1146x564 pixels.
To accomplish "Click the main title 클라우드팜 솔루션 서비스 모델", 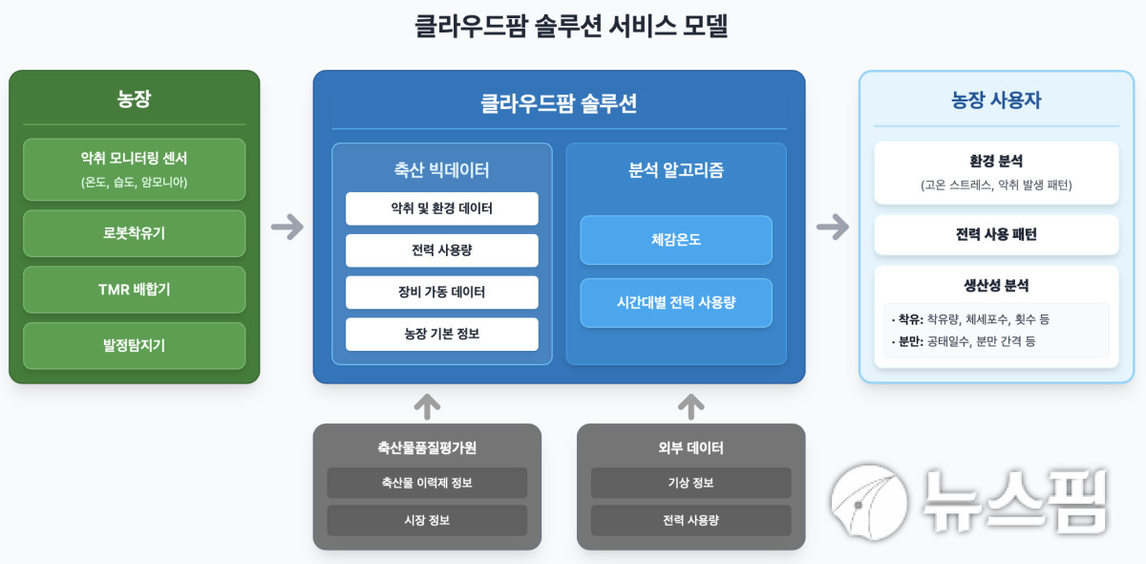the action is point(571,26).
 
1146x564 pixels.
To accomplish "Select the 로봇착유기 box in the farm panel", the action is point(134,233).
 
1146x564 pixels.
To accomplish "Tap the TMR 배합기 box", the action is point(134,290).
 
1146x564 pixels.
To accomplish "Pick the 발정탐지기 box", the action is point(134,346).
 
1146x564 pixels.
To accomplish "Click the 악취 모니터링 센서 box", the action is point(134,169).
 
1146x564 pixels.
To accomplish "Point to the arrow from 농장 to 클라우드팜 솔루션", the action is point(287,227).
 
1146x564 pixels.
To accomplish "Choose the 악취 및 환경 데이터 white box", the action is point(442,208).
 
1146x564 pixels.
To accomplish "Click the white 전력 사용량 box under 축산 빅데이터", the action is point(442,250).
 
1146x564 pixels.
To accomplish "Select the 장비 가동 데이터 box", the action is point(442,293).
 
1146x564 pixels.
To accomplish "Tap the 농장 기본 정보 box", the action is point(442,334).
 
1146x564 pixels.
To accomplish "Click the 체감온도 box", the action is point(676,240).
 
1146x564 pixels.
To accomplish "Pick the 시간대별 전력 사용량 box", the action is point(676,303).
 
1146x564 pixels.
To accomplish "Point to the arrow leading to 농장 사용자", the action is point(833,227).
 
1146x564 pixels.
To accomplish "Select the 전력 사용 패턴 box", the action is point(996,234).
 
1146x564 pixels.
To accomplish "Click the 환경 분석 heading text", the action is point(996,161).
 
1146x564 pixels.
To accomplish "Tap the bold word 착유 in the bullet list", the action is point(910,319).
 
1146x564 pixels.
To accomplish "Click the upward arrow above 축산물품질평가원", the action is point(427,406).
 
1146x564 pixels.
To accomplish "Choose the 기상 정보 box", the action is point(691,483).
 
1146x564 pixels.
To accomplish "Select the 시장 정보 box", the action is point(427,520).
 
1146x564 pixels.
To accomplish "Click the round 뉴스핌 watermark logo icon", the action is point(869,502).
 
